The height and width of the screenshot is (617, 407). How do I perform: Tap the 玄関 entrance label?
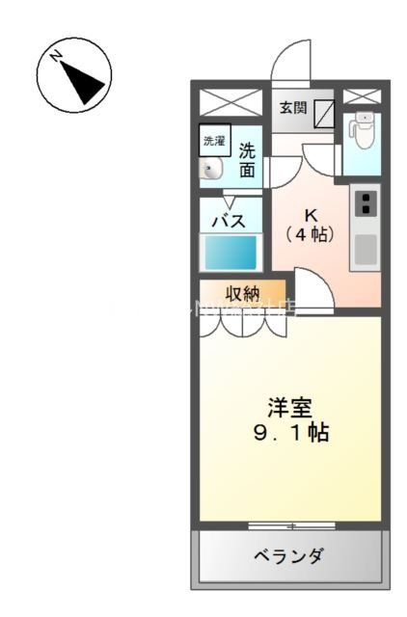point(294,108)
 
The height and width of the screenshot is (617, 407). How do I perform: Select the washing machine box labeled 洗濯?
point(212,141)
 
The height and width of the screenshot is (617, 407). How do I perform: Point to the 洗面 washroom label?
point(248,160)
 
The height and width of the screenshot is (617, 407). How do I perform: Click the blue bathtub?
point(230,254)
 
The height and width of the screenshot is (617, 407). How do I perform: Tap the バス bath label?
point(229,219)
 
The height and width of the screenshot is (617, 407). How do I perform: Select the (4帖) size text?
point(311,233)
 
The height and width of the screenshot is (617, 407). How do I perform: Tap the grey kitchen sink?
point(366,249)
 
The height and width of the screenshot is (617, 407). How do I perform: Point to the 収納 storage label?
point(242,294)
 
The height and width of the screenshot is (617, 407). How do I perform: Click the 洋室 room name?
point(289,407)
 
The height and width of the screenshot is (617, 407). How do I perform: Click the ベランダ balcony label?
point(289,556)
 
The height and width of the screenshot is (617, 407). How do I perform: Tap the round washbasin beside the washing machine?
point(210,171)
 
